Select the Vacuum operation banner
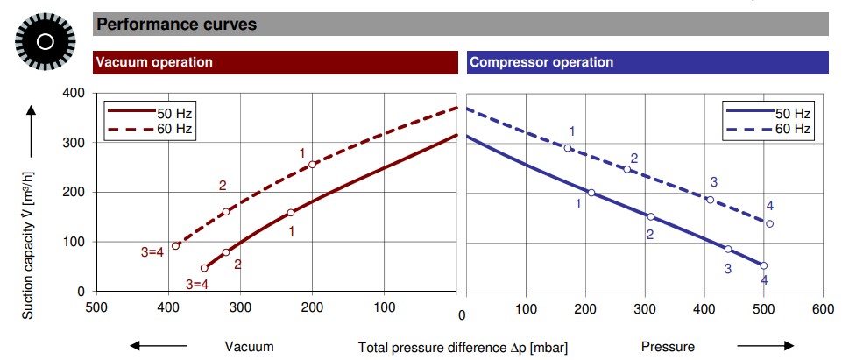tap(154, 62)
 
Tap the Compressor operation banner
tap(541, 62)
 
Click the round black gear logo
tap(45, 41)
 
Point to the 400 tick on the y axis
tap(74, 93)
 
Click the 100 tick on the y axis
tap(74, 242)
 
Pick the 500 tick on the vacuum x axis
tap(96, 307)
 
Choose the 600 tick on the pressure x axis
tap(823, 308)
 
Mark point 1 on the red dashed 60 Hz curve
tap(312, 165)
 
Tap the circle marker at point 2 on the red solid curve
tap(226, 252)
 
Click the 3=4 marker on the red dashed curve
tap(175, 246)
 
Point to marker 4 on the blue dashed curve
tap(769, 223)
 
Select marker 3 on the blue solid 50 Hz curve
tap(727, 249)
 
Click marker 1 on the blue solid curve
tap(591, 193)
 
